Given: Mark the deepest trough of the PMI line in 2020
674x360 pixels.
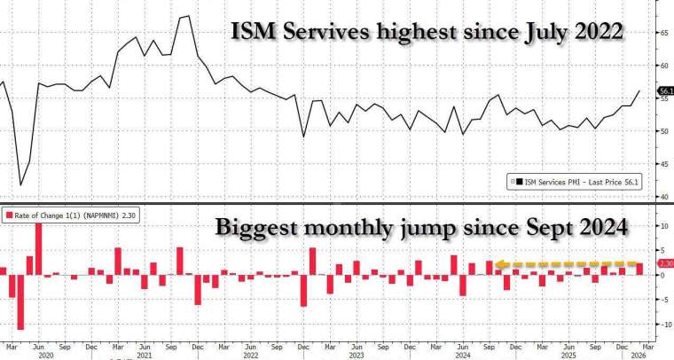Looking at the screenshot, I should (20, 184).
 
